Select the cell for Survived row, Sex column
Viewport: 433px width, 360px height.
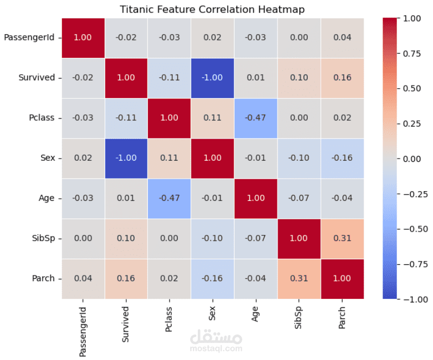(212, 77)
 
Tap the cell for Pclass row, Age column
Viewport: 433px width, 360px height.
(255, 117)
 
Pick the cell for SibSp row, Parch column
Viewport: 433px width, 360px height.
(341, 238)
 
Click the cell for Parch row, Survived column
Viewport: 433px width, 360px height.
(126, 278)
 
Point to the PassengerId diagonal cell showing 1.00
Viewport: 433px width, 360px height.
(83, 37)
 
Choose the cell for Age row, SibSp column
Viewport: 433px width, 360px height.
(299, 198)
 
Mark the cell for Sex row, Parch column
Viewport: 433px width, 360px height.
(341, 158)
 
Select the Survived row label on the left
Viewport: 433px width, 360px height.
(37, 77)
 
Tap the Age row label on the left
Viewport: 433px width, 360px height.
(47, 198)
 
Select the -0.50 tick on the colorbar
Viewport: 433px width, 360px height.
(412, 228)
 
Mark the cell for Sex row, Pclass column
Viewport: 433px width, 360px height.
(169, 158)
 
